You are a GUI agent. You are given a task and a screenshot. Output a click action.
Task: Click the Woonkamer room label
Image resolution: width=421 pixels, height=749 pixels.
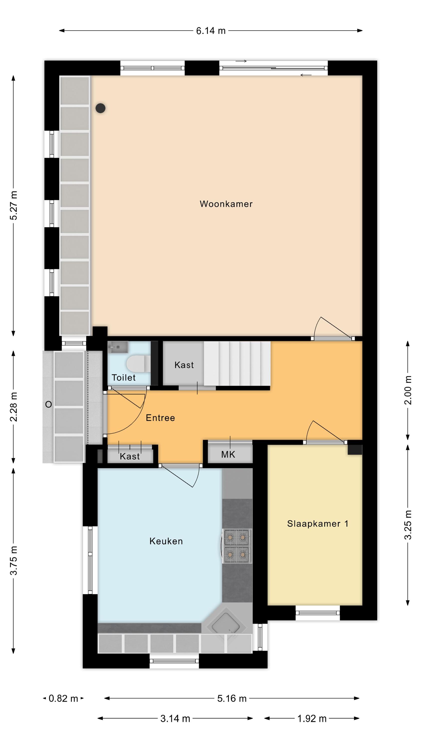(226, 204)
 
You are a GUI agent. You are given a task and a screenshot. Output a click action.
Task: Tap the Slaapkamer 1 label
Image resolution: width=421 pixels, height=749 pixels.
(317, 524)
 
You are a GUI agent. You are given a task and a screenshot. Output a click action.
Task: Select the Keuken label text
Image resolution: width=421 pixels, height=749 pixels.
(166, 541)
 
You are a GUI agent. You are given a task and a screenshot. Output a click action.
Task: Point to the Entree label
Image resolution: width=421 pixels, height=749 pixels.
(160, 418)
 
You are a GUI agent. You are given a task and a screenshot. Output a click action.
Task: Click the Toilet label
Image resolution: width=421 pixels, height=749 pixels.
(124, 378)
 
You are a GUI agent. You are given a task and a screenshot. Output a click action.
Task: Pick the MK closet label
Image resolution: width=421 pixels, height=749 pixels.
(228, 454)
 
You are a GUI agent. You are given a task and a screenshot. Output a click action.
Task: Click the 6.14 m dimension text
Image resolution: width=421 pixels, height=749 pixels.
(211, 31)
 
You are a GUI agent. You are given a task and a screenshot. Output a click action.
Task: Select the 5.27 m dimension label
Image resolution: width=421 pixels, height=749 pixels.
(14, 205)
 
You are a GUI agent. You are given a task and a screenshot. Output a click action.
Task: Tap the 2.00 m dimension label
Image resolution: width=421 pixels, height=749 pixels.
(408, 390)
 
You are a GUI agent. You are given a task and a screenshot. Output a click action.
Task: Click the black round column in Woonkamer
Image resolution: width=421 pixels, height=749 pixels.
(101, 108)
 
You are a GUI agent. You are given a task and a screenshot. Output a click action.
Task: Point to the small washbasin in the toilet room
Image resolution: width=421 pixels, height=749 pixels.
(118, 347)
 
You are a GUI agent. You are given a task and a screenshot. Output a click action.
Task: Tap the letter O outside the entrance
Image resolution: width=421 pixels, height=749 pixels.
(49, 404)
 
